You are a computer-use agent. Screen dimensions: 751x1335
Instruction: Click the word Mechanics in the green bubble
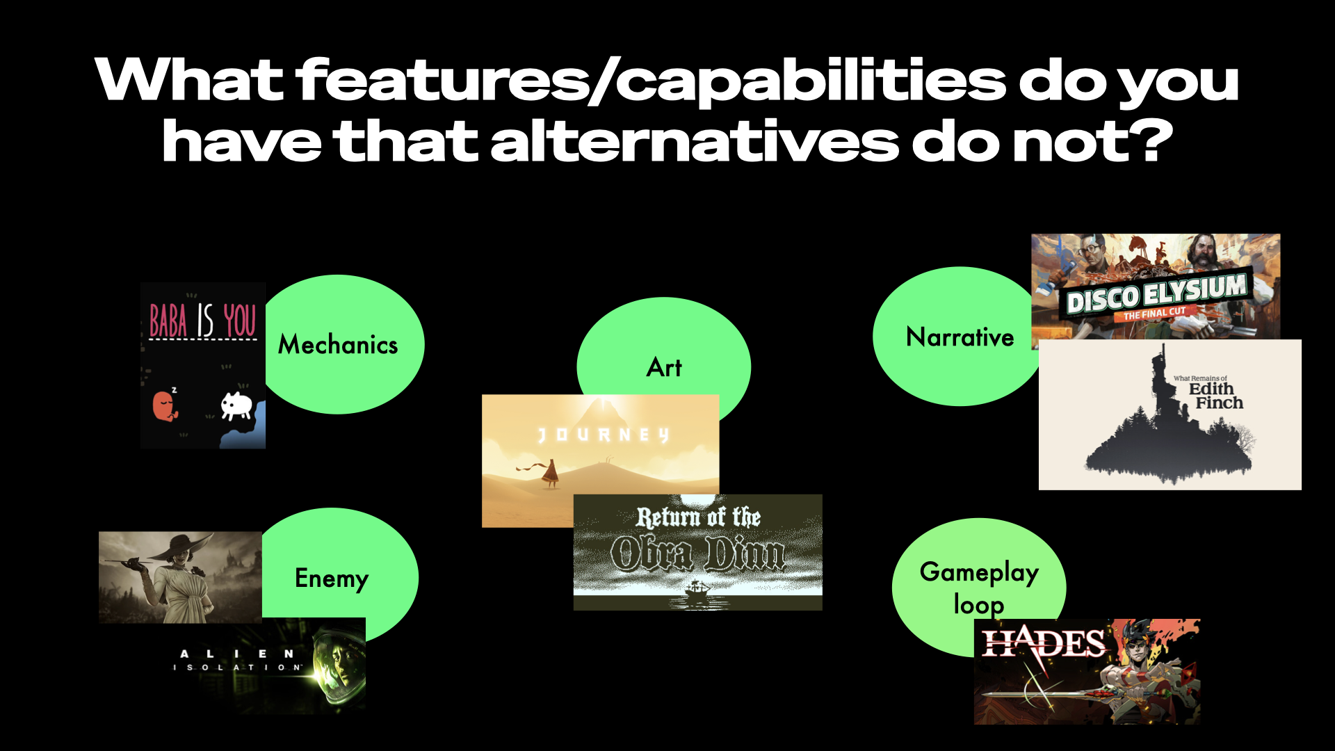point(338,345)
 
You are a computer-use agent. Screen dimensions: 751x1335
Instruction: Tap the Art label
point(664,367)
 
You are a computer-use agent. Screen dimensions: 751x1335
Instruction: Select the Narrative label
point(960,337)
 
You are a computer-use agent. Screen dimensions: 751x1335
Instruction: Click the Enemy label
point(331,579)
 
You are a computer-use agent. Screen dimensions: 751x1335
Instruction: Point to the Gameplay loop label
point(979,588)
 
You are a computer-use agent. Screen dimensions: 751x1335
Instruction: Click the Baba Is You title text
point(202,321)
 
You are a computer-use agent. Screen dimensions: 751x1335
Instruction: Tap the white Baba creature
point(236,405)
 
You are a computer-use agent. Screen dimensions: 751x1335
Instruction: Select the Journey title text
point(604,435)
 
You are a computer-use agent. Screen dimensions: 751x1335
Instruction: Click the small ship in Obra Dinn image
point(698,592)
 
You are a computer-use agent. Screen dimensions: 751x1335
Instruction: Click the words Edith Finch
point(1215,396)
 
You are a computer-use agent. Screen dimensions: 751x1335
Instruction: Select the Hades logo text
point(1043,644)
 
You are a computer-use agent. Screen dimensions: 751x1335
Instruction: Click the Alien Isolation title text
point(236,660)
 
